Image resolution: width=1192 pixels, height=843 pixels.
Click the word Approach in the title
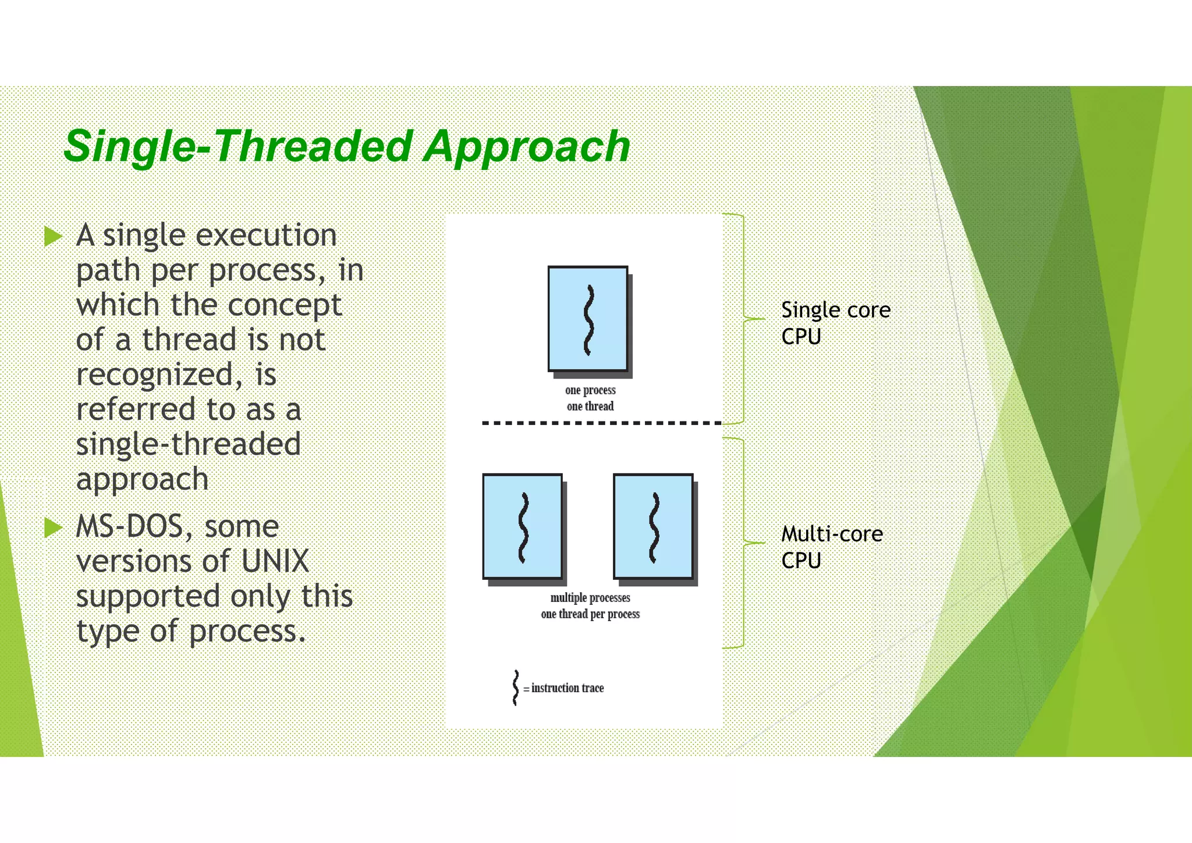pos(527,147)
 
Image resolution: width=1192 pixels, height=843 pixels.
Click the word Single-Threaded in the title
pos(239,147)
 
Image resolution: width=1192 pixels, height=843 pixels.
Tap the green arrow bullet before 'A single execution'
pos(53,236)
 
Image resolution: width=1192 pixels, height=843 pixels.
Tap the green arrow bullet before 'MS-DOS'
pos(53,527)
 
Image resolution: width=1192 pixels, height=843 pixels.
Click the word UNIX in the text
pos(275,561)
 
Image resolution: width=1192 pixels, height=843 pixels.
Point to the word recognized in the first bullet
pos(154,375)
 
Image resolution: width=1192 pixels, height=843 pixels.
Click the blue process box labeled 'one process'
pos(588,318)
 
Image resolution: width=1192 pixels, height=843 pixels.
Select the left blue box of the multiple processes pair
pos(523,526)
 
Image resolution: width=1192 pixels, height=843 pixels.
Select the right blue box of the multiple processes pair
pos(653,526)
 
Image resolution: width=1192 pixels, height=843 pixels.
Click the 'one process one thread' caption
pos(590,398)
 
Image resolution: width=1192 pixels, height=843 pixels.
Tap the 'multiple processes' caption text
pos(590,598)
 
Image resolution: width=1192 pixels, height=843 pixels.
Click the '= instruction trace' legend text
pos(565,688)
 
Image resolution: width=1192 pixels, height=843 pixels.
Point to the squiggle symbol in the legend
pos(515,688)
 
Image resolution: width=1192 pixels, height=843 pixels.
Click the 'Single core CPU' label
pos(835,323)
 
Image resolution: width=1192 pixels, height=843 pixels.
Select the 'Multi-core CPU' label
pos(831,547)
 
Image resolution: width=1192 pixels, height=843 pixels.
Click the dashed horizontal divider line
pos(601,423)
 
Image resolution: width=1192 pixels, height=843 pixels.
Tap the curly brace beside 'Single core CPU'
pos(744,318)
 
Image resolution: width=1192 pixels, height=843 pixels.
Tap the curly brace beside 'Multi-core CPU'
pos(744,543)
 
